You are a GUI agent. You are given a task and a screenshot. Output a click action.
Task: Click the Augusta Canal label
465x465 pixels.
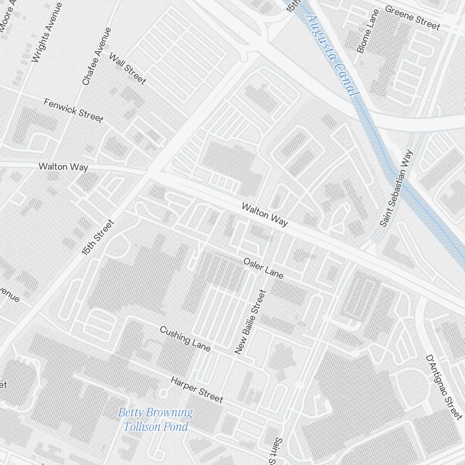pyautogui.click(x=332, y=55)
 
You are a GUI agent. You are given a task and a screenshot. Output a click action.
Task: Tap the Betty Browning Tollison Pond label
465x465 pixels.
pyautogui.click(x=155, y=419)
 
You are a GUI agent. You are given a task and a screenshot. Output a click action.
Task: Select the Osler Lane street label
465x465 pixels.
pyautogui.click(x=263, y=268)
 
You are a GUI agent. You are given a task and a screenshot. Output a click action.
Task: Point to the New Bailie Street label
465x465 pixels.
pyautogui.click(x=250, y=322)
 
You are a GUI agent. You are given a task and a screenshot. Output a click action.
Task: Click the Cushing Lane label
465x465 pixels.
pyautogui.click(x=185, y=339)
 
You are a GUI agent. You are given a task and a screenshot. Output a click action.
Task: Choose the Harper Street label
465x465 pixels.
pyautogui.click(x=197, y=390)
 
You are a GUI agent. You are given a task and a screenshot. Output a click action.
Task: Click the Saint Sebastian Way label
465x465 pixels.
pyautogui.click(x=396, y=188)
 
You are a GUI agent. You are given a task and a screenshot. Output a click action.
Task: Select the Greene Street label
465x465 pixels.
pyautogui.click(x=412, y=18)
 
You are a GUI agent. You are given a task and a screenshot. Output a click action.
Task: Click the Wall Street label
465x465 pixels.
pyautogui.click(x=127, y=68)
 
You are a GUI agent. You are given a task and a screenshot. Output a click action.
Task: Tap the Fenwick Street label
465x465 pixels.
pyautogui.click(x=73, y=110)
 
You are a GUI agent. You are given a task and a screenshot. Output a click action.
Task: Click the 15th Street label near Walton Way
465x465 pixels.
pyautogui.click(x=98, y=238)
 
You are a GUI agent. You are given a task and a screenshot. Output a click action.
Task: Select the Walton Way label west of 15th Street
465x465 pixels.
pyautogui.click(x=63, y=166)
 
